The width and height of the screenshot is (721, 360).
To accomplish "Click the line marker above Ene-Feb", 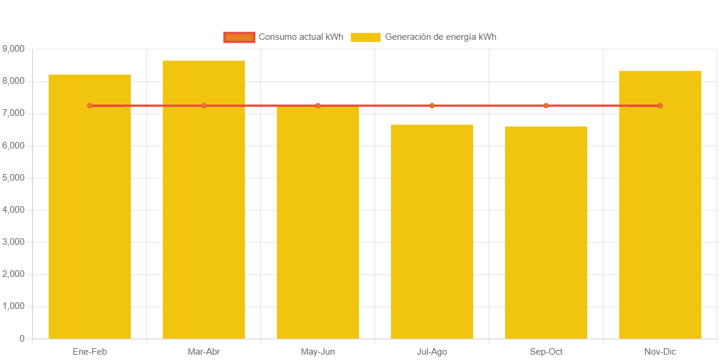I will click(90, 106).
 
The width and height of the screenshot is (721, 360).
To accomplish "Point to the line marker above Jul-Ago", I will click(432, 106).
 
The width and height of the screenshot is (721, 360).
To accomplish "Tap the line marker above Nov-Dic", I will click(660, 106).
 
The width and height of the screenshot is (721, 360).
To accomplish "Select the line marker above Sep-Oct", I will click(546, 106).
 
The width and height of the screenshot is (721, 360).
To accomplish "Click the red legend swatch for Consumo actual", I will click(239, 37).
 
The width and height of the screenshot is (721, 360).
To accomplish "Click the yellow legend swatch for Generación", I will click(366, 37).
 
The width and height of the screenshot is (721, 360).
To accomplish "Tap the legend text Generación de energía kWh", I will click(440, 37).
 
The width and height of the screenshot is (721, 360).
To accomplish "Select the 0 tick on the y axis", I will click(22, 338).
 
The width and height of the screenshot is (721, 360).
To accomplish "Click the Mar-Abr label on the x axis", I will click(204, 352).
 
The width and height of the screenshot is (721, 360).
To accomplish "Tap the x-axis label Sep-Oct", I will click(546, 352).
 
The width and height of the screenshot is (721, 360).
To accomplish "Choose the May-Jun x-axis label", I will click(318, 352).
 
